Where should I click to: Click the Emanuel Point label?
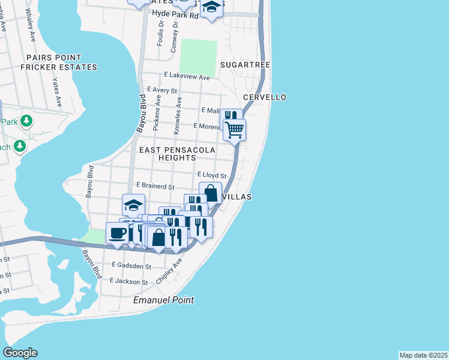(164, 300)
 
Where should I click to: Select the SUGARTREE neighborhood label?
(245, 65)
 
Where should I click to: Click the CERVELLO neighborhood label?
(264, 97)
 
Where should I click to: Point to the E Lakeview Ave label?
(187, 77)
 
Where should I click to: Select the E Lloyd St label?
(211, 175)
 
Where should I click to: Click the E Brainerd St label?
(155, 187)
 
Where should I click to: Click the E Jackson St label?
(128, 281)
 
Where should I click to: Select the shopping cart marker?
(234, 129)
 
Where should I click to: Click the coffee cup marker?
(118, 233)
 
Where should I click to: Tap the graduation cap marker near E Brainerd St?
(133, 205)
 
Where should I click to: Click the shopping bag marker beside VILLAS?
(210, 193)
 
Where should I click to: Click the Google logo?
(20, 353)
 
